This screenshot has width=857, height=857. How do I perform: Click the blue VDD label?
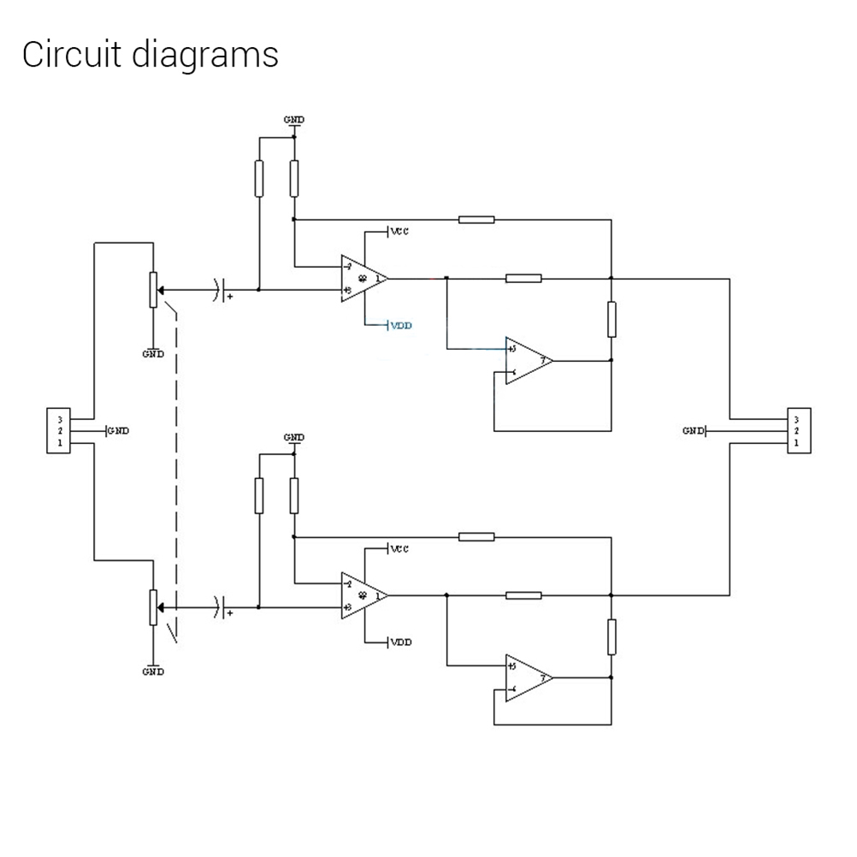tap(401, 326)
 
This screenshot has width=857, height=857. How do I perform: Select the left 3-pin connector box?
tap(59, 432)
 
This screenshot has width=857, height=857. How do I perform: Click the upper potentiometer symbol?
tap(153, 289)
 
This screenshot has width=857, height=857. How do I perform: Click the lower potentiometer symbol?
tap(153, 606)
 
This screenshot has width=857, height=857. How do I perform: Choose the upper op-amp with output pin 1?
tap(363, 279)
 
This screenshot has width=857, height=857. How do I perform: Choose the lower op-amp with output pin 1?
tap(363, 595)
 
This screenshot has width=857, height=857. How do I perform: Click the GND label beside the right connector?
tap(694, 431)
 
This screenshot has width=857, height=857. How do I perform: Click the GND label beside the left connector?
tap(118, 431)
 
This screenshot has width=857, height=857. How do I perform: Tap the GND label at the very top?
tap(293, 120)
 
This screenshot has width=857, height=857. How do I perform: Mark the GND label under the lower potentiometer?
tap(153, 671)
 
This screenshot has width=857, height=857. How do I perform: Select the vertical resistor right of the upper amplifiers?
tap(612, 319)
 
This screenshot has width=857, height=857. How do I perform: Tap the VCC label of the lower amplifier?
tap(399, 549)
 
